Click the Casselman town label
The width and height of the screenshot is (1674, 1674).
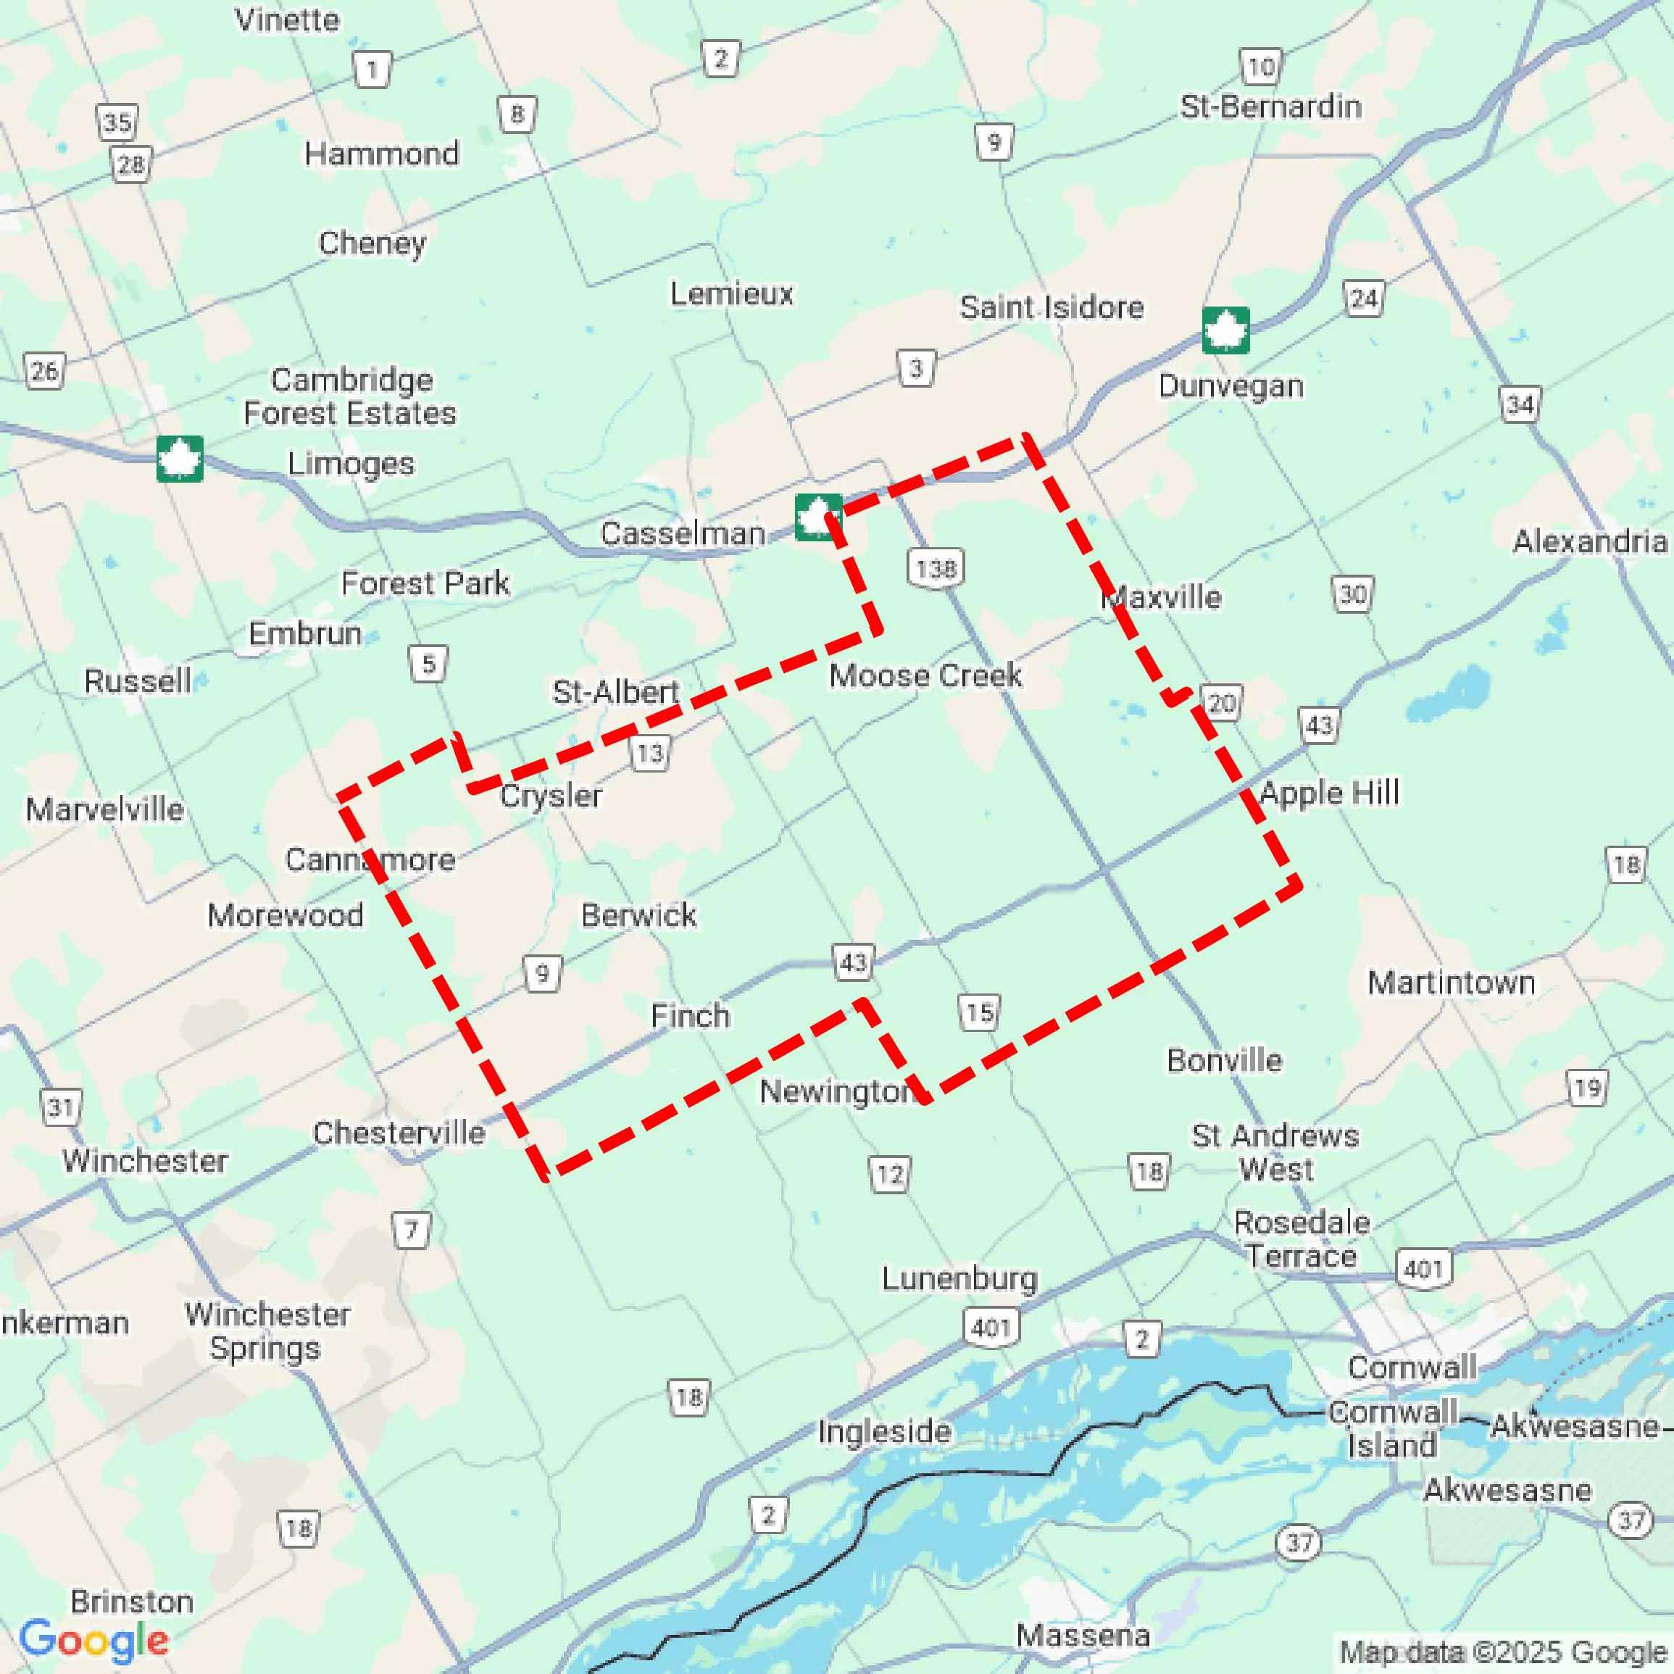[683, 534]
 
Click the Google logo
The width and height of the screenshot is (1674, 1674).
[93, 1639]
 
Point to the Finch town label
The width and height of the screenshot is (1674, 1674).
[690, 1015]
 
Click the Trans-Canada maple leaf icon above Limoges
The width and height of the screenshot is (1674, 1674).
[180, 458]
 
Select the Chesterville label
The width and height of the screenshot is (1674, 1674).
[399, 1133]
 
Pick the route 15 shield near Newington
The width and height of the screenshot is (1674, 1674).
[979, 1012]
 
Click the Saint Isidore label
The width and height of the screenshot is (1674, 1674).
[1051, 307]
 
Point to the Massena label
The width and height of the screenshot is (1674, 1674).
[1083, 1636]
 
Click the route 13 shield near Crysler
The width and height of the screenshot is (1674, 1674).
[649, 753]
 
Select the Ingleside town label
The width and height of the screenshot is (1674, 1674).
[885, 1431]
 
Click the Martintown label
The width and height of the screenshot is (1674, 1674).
[1452, 983]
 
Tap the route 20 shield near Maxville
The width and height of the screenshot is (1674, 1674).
[1221, 703]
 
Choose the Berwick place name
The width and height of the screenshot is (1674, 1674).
[638, 915]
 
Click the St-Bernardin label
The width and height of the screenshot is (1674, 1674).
[1270, 107]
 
